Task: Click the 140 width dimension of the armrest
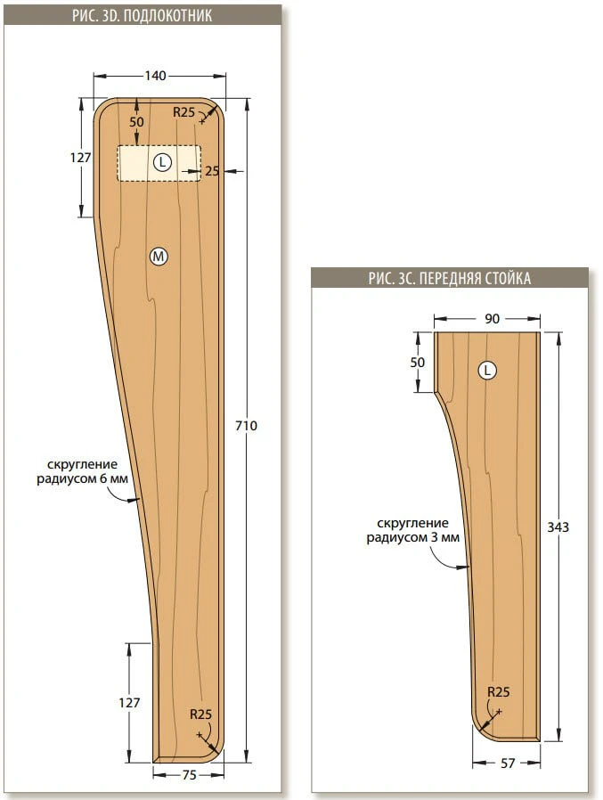(x=155, y=76)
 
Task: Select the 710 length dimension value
(x=246, y=425)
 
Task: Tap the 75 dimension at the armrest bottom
(x=189, y=774)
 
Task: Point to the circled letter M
(x=159, y=256)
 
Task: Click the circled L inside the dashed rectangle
(x=162, y=163)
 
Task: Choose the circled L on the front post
(x=487, y=371)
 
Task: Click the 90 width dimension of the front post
(x=492, y=319)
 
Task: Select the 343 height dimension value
(x=558, y=527)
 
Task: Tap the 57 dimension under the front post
(x=508, y=763)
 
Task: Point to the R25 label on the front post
(x=499, y=692)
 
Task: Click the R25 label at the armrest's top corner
(x=183, y=112)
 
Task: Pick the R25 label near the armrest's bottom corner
(x=200, y=714)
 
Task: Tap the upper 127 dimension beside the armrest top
(x=80, y=158)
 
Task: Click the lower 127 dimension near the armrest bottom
(x=129, y=703)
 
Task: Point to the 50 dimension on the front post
(x=418, y=363)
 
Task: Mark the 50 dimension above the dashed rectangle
(x=136, y=122)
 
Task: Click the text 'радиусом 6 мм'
(x=82, y=479)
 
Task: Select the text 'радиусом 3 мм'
(x=412, y=538)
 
